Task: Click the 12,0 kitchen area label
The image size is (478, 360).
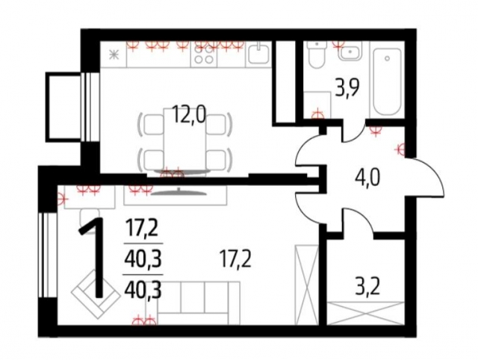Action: (x=189, y=114)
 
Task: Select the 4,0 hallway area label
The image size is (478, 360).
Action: (x=367, y=178)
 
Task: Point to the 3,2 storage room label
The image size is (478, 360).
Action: (x=367, y=287)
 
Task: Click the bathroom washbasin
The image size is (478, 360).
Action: (x=350, y=52)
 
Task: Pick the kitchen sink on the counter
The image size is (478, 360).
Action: (x=259, y=55)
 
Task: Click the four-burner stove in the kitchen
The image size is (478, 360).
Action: (x=204, y=55)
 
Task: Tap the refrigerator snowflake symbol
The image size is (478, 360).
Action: (x=114, y=55)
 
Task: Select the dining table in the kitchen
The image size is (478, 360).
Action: (x=185, y=140)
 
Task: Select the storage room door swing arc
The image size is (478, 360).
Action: (x=358, y=220)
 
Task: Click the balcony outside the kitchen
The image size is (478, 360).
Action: (x=64, y=107)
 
